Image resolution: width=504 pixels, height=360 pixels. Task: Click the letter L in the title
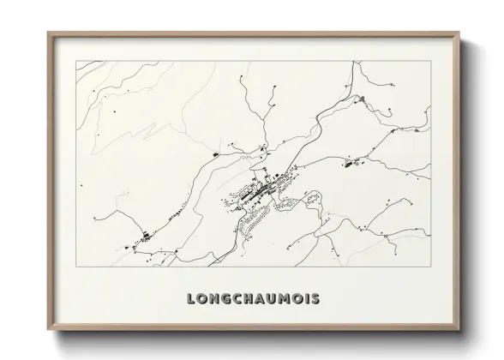click(x=190, y=300)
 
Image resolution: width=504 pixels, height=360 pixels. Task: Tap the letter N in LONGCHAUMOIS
click(x=215, y=300)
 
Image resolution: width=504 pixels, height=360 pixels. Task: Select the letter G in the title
click(x=228, y=300)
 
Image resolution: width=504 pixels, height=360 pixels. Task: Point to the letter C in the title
click(x=240, y=300)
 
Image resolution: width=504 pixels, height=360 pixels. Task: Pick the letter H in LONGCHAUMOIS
click(x=253, y=300)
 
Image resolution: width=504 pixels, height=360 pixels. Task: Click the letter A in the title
click(x=265, y=300)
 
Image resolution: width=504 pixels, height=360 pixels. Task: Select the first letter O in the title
click(x=202, y=300)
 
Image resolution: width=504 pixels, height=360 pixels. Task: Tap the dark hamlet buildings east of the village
click(x=352, y=161)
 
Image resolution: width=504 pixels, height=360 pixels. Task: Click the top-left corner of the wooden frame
click(x=49, y=33)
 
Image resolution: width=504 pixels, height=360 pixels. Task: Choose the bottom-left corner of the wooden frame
click(x=49, y=331)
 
